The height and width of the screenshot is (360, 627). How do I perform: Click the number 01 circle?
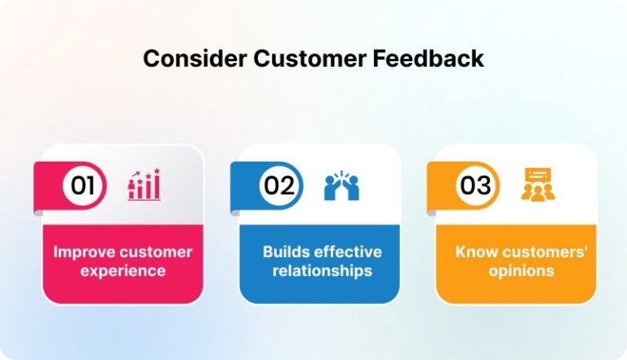click(83, 185)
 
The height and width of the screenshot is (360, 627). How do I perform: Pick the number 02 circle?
click(279, 185)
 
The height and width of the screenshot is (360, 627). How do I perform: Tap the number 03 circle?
click(475, 185)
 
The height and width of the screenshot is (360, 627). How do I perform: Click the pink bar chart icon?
click(144, 185)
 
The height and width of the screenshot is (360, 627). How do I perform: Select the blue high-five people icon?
click(341, 186)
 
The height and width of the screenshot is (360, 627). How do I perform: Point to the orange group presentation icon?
click(537, 184)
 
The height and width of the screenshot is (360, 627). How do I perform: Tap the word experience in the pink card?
click(122, 270)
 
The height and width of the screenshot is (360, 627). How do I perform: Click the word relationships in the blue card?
click(319, 270)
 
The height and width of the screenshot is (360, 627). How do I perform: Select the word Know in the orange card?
click(474, 251)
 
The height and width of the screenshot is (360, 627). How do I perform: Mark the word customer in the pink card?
click(152, 251)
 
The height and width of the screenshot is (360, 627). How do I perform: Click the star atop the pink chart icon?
click(156, 171)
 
